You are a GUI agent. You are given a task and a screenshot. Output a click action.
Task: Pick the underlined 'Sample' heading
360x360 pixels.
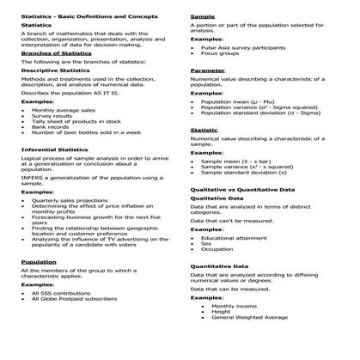coord(203,16)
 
